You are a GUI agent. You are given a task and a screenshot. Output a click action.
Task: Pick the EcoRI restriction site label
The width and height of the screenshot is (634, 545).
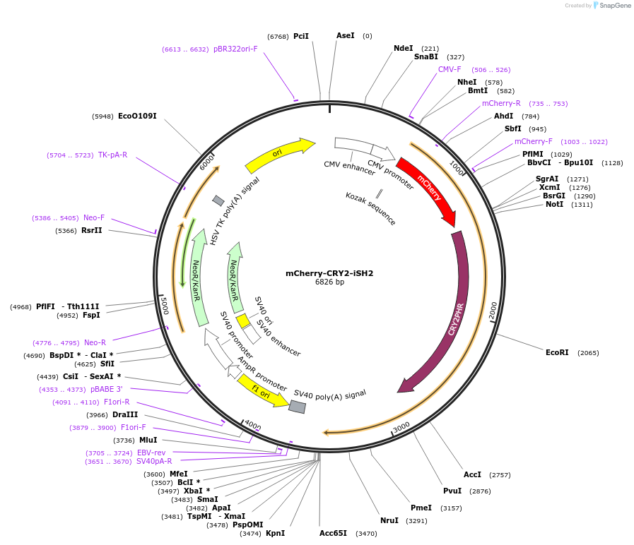pos(557,352)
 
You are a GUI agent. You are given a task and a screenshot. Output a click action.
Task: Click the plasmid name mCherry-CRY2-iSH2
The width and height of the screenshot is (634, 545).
pos(329,273)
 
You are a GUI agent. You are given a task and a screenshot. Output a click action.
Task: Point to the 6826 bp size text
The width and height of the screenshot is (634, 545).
pos(329,282)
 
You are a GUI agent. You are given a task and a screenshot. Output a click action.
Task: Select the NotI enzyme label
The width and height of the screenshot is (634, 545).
pos(554,204)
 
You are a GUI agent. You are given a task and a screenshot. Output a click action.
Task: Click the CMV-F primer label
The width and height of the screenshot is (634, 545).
pos(450,70)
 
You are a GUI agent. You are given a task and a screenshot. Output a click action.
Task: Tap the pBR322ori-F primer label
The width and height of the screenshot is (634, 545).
pos(235,49)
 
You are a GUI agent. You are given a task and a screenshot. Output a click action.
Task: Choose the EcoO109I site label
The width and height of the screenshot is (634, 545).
pos(137,116)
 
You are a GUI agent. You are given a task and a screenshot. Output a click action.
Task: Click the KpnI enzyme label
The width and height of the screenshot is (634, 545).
pos(275,533)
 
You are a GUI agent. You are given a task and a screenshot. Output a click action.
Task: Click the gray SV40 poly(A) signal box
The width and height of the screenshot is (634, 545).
pos(297,407)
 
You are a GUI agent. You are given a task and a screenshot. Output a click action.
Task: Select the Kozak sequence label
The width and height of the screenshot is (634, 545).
pos(371,208)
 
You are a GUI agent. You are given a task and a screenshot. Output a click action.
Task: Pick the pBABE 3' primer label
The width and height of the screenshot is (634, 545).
pos(106,389)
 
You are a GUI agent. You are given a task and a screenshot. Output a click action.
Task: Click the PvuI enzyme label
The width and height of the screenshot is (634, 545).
pos(452,491)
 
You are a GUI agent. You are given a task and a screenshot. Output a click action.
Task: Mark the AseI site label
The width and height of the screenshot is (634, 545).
pos(346,35)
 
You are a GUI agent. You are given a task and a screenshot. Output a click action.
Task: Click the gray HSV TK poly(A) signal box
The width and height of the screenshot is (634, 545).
pos(218,200)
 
